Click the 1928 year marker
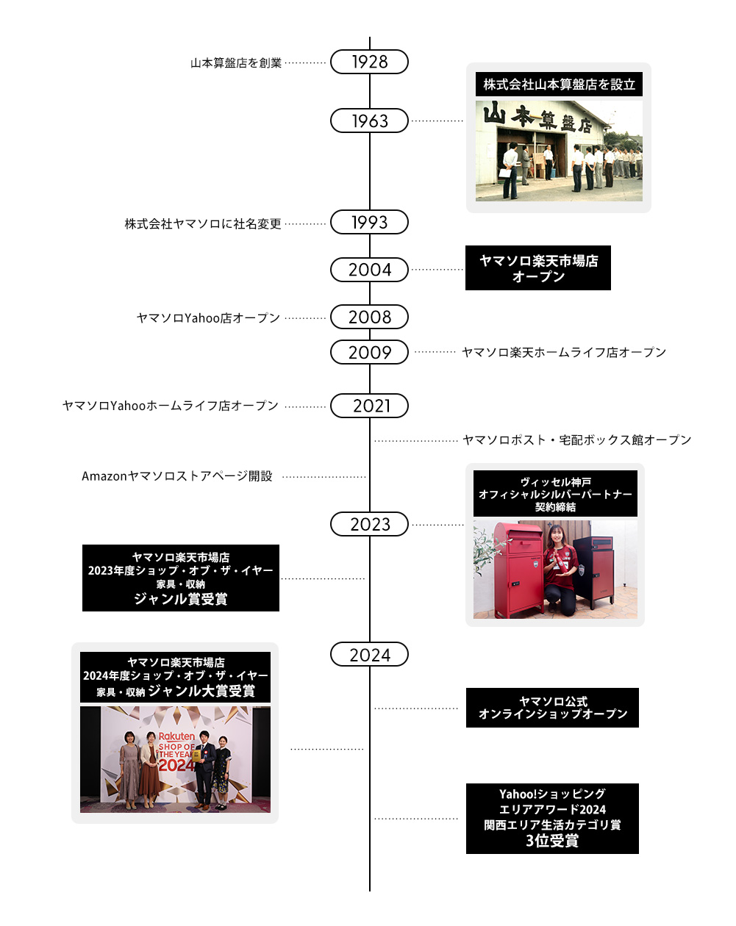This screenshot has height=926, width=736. (x=369, y=62)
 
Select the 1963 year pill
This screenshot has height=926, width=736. (x=369, y=121)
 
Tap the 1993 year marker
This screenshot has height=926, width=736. (x=369, y=222)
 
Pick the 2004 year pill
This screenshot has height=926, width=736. (x=369, y=270)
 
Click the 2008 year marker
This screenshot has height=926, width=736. (x=369, y=317)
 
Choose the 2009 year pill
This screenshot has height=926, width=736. (x=369, y=352)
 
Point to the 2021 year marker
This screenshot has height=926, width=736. (x=369, y=406)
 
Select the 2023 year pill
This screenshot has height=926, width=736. (x=369, y=524)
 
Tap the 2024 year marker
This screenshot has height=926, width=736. (x=369, y=654)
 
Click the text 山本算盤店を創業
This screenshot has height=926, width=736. (x=236, y=63)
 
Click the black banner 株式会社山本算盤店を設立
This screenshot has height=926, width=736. (x=559, y=85)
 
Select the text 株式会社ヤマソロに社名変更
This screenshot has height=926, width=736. (x=203, y=223)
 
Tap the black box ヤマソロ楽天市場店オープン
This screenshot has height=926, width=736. (x=538, y=268)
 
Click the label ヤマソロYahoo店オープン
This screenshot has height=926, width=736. (x=208, y=318)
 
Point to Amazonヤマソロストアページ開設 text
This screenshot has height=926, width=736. (x=177, y=476)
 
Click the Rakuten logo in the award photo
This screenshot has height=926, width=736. (x=177, y=736)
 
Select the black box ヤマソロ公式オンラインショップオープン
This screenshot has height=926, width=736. (x=552, y=708)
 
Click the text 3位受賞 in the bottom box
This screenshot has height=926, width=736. (x=552, y=841)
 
